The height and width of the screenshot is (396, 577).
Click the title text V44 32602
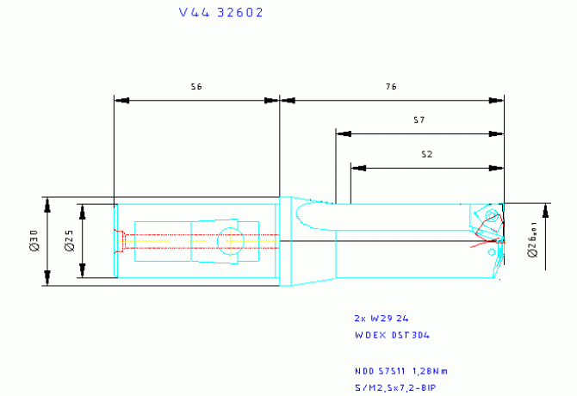(221, 13)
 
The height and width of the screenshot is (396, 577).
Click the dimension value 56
(196, 87)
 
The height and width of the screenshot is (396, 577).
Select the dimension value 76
(391, 87)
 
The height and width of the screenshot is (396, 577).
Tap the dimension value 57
(419, 121)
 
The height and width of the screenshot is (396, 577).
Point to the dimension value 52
(426, 154)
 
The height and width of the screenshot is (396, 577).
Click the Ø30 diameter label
(33, 241)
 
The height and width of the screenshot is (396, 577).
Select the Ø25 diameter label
(68, 241)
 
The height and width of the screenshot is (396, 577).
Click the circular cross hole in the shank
(230, 241)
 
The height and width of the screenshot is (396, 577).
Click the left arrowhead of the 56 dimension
(121, 101)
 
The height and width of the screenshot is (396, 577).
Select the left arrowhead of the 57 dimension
(344, 134)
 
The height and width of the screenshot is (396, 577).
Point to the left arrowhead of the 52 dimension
(357, 167)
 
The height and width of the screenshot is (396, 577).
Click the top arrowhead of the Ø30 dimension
(47, 204)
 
